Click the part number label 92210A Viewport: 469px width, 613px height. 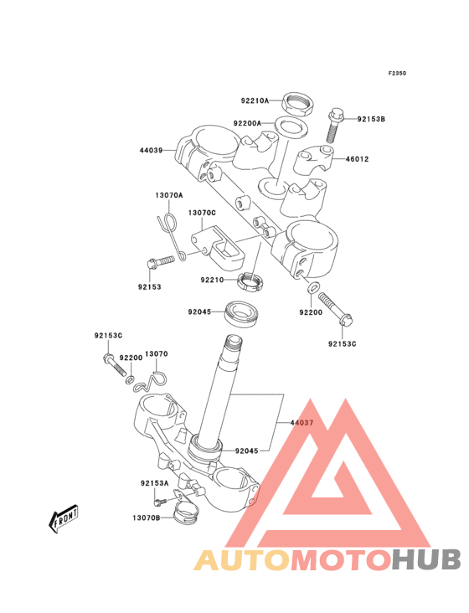coord(255,101)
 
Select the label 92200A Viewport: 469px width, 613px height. coord(247,123)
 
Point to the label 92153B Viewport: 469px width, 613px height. coord(371,119)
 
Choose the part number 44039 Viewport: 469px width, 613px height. coord(151,152)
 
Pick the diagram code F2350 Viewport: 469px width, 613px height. coord(397,74)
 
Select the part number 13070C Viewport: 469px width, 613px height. coord(202,213)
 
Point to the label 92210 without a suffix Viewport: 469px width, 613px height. coord(212,280)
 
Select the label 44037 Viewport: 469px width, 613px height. coord(301,424)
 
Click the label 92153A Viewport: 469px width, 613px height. coord(154,483)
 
